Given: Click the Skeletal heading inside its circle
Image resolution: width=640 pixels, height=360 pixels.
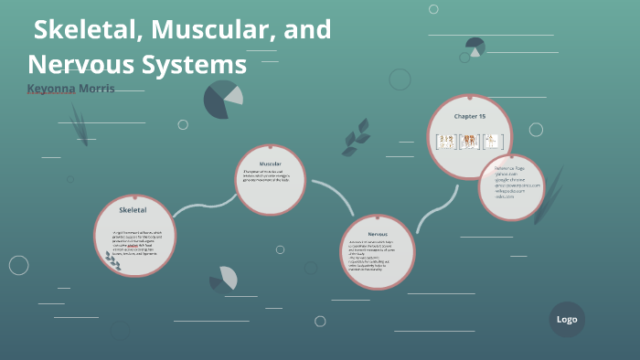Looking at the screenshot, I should coord(133,210).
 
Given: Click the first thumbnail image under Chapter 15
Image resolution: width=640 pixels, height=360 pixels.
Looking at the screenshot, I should coord(446,141).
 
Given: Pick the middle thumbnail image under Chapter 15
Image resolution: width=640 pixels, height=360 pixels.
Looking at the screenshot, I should coord(470,141).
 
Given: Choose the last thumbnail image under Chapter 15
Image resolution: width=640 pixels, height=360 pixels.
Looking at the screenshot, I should coord(494,141).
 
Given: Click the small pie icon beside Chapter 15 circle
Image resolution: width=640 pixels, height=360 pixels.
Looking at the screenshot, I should coord(475,47).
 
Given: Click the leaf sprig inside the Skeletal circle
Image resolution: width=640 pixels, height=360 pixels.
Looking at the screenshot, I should coord(113,262).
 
